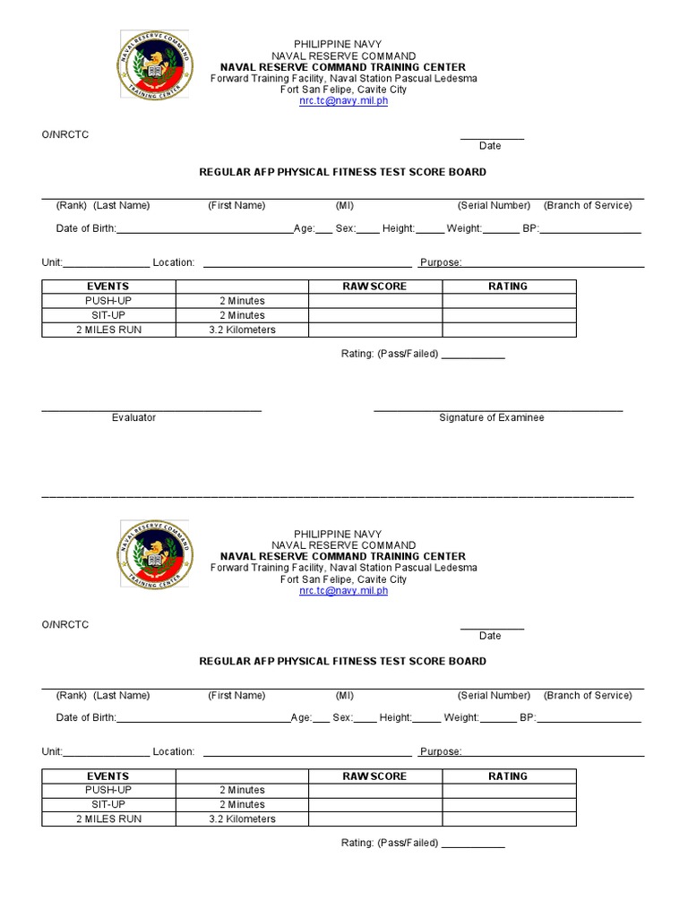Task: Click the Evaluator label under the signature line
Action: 133,417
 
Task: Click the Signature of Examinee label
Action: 491,417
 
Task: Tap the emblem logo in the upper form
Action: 155,65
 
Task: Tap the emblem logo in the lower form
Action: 155,555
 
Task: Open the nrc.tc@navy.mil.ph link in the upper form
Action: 343,101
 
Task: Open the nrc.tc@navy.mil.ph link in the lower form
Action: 343,591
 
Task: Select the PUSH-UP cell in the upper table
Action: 108,301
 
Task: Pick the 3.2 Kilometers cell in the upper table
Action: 242,330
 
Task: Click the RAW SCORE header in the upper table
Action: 374,287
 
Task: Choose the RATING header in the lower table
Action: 508,776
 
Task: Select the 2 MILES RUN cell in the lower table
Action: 108,818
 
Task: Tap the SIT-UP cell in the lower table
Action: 108,804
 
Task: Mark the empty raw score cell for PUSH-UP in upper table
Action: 374,301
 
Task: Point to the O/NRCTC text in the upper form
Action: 64,134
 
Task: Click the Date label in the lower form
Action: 490,636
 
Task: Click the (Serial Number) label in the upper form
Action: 494,205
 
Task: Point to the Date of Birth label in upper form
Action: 86,228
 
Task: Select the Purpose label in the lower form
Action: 440,752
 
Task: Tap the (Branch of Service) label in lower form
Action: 588,695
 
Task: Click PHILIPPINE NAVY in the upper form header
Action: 343,44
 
